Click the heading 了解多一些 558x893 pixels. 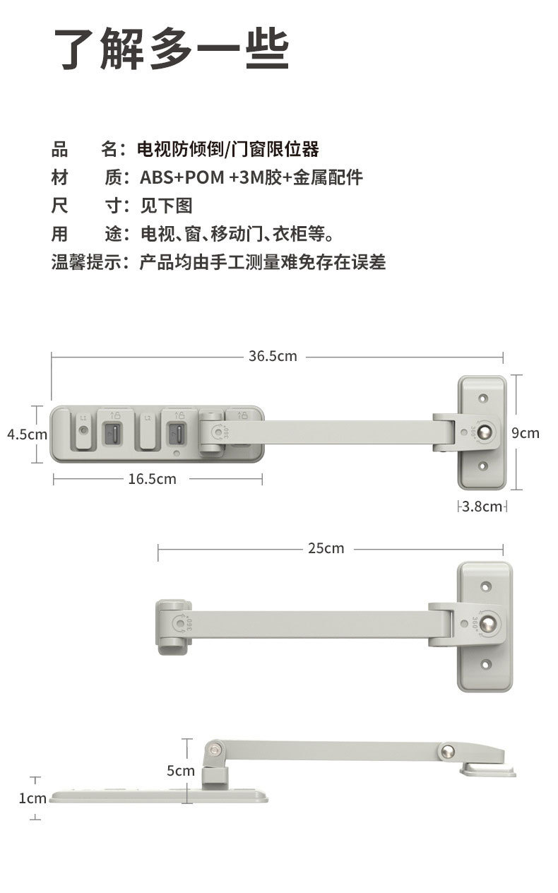coord(172,49)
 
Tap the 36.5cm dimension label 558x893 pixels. coord(273,356)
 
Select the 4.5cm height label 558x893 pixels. coord(27,434)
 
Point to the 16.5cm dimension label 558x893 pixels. coord(152,479)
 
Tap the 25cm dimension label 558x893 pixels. coord(326,548)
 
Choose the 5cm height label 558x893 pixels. coord(180,770)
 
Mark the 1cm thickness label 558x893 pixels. coord(32,798)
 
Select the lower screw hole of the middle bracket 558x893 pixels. coord(486,664)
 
